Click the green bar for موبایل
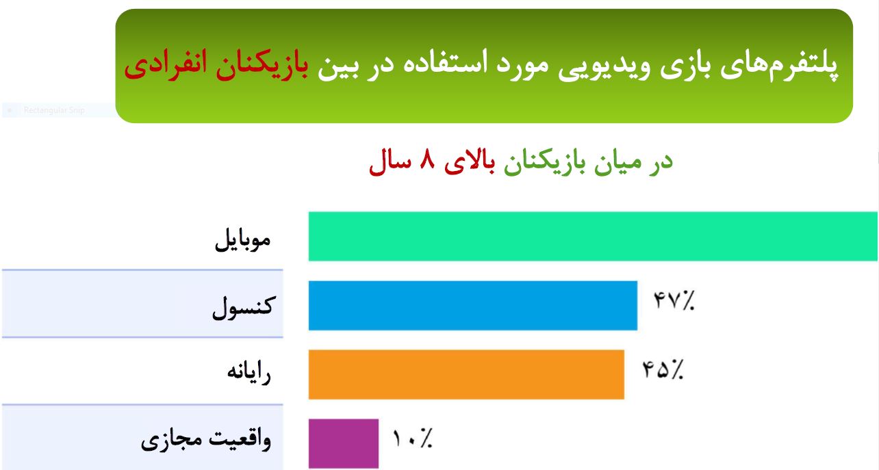[593, 237]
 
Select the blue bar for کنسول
[473, 305]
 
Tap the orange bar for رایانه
[466, 374]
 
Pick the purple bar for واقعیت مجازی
[344, 443]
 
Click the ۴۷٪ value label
[674, 300]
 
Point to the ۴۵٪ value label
[663, 369]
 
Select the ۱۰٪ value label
[412, 438]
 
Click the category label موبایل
[243, 239]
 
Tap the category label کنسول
[244, 308]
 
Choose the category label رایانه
[249, 372]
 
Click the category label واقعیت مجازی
[206, 439]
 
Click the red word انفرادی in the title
[165, 65]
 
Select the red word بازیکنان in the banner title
[262, 65]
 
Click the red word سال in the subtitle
[390, 162]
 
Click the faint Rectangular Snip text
[54, 110]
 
